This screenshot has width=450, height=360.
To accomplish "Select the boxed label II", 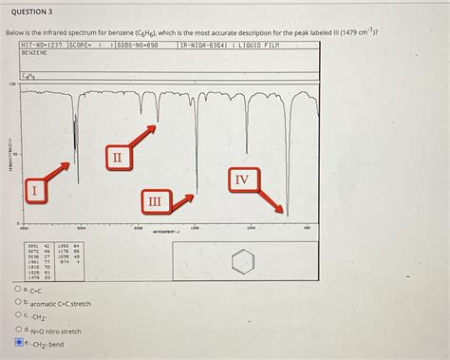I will point(116,156).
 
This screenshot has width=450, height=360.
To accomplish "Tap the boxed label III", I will point(154,201).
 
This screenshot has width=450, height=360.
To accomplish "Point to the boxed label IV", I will point(242,180).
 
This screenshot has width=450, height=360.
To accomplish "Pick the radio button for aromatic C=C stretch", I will point(19,302).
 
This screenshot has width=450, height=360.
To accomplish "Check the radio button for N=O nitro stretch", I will point(19,330).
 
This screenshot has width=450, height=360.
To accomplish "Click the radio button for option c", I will point(19,316).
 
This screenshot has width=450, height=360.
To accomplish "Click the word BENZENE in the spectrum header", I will point(34,53).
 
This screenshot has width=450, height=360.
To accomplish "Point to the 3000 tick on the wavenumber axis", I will point(81,228).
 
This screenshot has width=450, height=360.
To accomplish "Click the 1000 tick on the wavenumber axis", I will point(251,228).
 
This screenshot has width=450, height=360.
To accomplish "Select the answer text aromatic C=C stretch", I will point(61,303).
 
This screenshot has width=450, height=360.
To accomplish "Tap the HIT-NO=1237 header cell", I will point(42,45).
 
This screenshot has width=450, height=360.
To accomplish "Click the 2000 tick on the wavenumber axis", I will point(138,228).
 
